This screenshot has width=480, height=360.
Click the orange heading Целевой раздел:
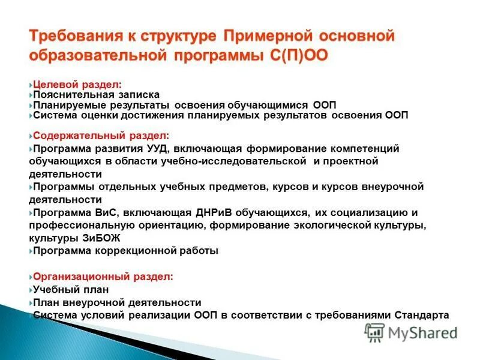(68, 85)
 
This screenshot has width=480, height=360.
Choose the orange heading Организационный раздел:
(103, 277)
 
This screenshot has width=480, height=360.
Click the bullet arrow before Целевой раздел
(31, 85)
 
